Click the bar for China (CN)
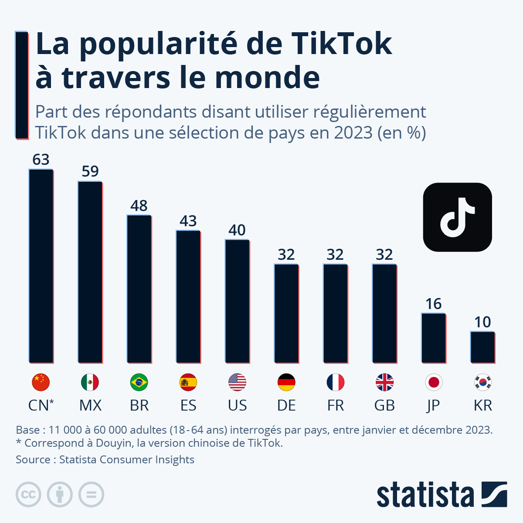click(41, 266)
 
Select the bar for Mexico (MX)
click(90, 272)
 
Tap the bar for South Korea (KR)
click(482, 347)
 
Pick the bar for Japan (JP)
click(434, 338)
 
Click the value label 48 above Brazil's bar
click(139, 206)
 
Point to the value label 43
click(188, 221)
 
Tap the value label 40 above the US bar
click(237, 230)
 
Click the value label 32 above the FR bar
click(335, 255)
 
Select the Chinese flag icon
click(41, 382)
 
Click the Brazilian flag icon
click(139, 382)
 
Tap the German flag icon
click(286, 382)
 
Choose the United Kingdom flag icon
click(384, 382)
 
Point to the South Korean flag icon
click(482, 382)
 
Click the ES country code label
click(188, 405)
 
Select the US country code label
click(237, 405)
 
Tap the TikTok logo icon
click(457, 217)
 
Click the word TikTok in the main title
click(341, 44)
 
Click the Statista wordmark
click(425, 495)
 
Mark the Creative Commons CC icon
click(28, 495)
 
